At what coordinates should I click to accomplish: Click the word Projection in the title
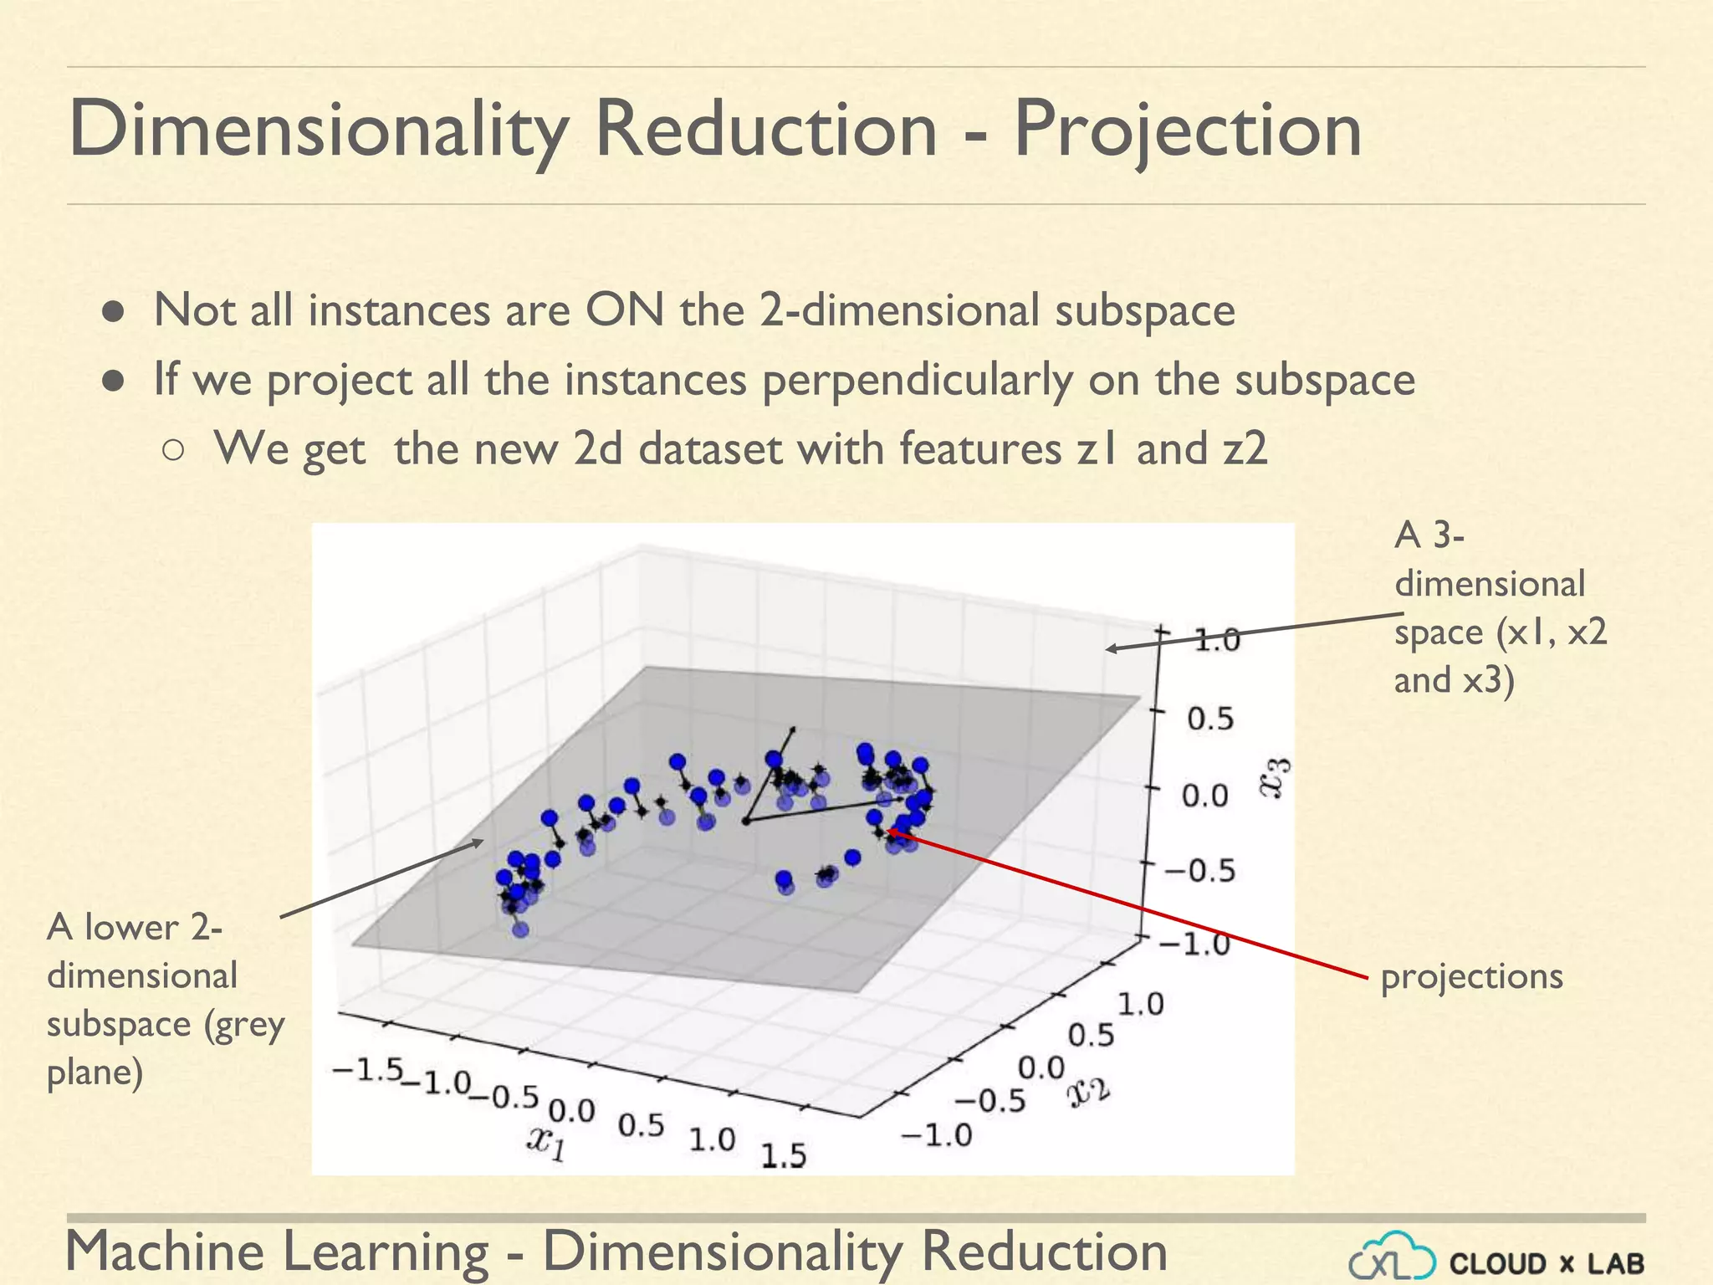point(1188,130)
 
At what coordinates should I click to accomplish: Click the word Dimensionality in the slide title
point(318,130)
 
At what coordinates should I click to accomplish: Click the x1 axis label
point(546,1142)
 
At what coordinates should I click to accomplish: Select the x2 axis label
point(1089,1090)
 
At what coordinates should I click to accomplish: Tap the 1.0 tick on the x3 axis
point(1215,641)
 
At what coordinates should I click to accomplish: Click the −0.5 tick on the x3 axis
point(1199,871)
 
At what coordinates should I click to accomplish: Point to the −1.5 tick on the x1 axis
point(368,1070)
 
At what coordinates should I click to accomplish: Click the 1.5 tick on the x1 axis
point(783,1156)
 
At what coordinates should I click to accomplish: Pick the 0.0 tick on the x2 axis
point(1041,1068)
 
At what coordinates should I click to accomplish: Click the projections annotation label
point(1471,976)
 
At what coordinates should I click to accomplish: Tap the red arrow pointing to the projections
point(1129,904)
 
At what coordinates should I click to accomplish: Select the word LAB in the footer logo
point(1615,1263)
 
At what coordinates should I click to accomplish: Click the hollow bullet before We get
point(173,451)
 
